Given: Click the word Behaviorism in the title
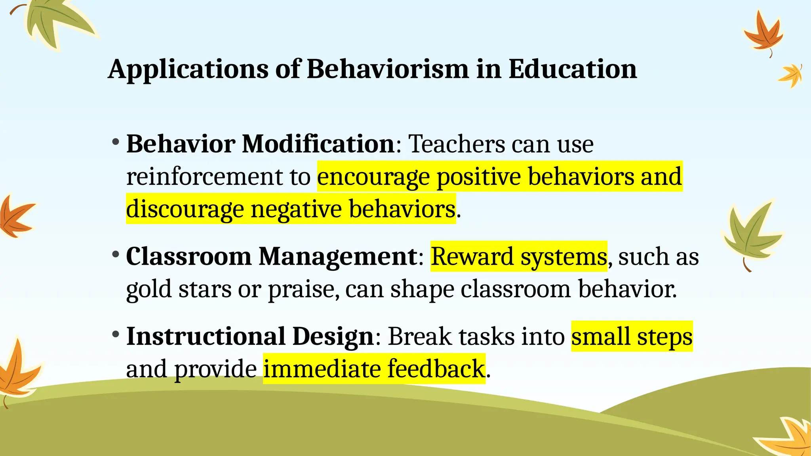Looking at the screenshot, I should click(388, 69).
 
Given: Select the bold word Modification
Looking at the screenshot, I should click(318, 144).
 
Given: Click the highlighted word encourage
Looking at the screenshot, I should click(373, 177).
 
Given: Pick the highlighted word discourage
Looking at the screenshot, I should click(185, 209).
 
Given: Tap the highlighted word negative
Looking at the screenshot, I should click(296, 209).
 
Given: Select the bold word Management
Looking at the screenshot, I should click(337, 256).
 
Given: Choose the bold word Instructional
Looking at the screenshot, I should click(206, 336).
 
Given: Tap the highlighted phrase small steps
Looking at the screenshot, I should click(632, 336).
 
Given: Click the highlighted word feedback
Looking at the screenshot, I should click(436, 369).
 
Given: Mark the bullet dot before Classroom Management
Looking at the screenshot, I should click(116, 254).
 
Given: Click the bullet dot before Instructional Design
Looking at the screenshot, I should click(116, 334).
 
